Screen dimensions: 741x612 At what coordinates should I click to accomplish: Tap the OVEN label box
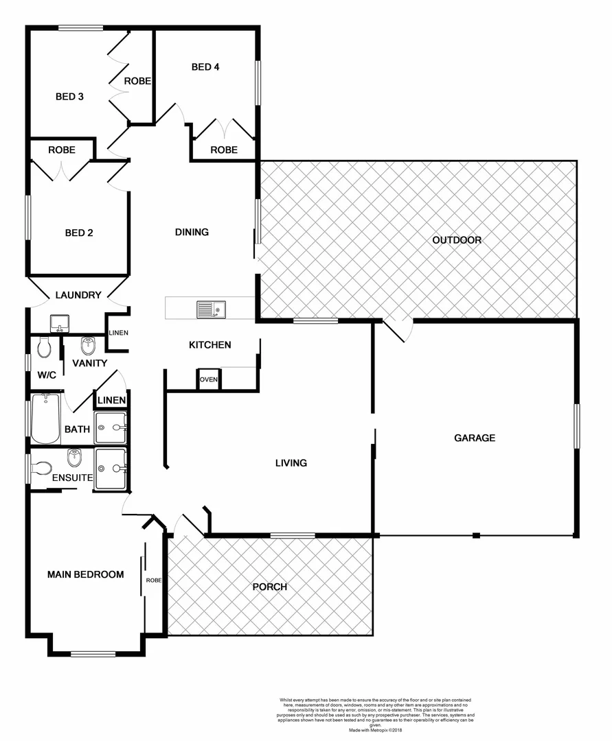pyautogui.click(x=209, y=379)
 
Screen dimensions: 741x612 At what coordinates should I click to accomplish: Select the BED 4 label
pyautogui.click(x=205, y=67)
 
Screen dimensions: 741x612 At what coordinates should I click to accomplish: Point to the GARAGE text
pyautogui.click(x=475, y=438)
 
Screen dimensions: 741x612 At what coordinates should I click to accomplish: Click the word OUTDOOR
pyautogui.click(x=456, y=240)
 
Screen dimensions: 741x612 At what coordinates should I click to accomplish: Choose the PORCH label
pyautogui.click(x=269, y=587)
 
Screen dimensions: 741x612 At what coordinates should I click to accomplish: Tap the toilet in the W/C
pyautogui.click(x=44, y=347)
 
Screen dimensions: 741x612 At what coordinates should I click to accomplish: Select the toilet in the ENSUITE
pyautogui.click(x=41, y=469)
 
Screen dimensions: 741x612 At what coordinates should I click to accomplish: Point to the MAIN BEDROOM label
pyautogui.click(x=85, y=574)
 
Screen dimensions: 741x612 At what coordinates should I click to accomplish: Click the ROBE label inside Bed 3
pyautogui.click(x=137, y=81)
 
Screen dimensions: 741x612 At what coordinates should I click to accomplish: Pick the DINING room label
pyautogui.click(x=192, y=232)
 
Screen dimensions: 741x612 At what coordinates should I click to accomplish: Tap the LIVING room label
pyautogui.click(x=291, y=463)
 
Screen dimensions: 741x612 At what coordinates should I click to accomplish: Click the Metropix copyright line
pyautogui.click(x=375, y=730)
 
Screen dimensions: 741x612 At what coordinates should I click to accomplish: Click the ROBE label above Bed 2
pyautogui.click(x=62, y=150)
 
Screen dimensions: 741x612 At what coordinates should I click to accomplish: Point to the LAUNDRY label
pyautogui.click(x=78, y=295)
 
